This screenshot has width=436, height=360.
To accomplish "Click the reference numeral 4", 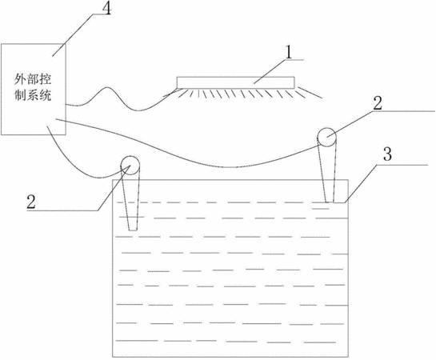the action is tap(106, 9).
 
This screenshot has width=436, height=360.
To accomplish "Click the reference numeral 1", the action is tap(289, 52).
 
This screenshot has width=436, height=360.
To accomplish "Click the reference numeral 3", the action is tap(388, 154).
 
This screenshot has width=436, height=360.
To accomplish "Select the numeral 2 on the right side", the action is tap(378, 103).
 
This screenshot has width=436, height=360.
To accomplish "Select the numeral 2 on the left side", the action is tap(31, 202).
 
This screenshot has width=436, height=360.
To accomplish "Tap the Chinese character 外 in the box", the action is tap(20, 80).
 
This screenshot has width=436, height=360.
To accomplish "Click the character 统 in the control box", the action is tap(45, 96).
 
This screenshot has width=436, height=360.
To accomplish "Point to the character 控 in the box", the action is tap(45, 80).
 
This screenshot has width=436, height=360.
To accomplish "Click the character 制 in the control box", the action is tap(20, 96).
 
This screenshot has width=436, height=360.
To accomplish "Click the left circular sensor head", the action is tap(130, 166).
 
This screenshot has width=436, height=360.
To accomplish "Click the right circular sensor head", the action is tap(326, 138).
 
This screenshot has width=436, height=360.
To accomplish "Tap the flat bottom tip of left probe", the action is tap(133, 230).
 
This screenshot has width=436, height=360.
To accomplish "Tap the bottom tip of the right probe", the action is tap(330, 202).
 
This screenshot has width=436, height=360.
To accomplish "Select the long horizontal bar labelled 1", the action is tap(235, 83).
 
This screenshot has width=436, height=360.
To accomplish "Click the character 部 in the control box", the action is tap(33, 80).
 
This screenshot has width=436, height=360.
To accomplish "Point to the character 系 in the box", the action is tap(33, 96).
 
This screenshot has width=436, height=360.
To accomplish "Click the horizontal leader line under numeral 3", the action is tap(402, 165).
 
